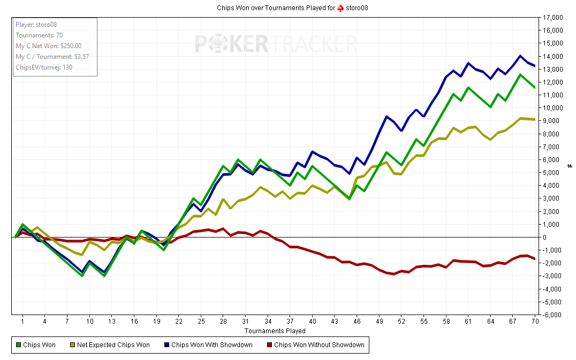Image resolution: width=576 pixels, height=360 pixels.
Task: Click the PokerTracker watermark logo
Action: (x=275, y=44)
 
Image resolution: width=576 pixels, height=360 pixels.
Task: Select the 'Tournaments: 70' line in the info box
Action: (x=39, y=35)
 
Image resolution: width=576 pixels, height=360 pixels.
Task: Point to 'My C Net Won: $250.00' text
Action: (x=48, y=46)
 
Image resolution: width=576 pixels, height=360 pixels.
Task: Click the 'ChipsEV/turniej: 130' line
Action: (x=44, y=67)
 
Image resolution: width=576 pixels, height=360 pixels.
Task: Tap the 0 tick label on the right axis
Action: (x=544, y=237)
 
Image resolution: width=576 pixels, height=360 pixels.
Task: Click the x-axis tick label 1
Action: (x=22, y=321)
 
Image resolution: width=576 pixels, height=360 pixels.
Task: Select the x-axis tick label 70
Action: (x=535, y=321)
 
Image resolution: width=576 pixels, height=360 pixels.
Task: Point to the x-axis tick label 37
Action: (x=290, y=321)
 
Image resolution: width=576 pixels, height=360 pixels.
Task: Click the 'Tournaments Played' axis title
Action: (x=275, y=331)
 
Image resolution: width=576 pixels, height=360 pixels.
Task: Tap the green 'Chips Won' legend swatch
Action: (x=19, y=345)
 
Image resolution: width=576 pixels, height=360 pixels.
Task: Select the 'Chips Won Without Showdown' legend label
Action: (x=319, y=345)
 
